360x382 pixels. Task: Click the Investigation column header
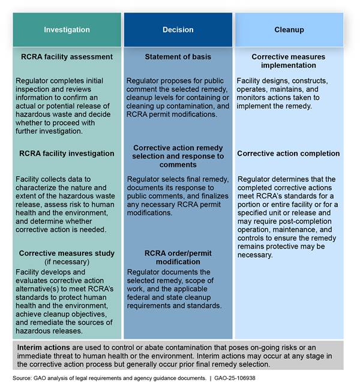[x=67, y=29]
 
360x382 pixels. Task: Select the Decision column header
[x=178, y=29]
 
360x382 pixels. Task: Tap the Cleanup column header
[x=289, y=29]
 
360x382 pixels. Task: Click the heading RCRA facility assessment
[x=67, y=57]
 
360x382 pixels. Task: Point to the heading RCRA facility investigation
[x=67, y=153]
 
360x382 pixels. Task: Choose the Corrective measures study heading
[x=67, y=253]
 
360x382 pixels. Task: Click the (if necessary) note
[x=67, y=262]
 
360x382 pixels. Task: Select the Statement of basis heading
[x=178, y=57]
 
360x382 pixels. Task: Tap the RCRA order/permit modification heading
[x=178, y=258]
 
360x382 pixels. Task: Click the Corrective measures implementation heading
[x=289, y=61]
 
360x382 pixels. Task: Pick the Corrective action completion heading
[x=289, y=153]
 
